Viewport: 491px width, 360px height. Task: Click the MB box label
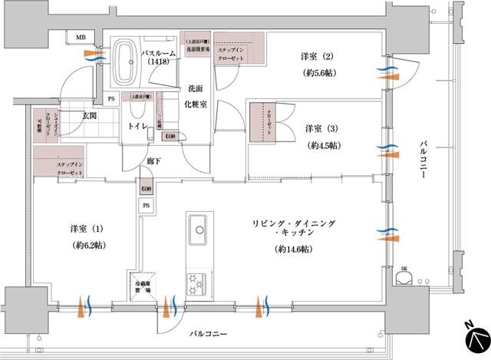pyautogui.click(x=80, y=37)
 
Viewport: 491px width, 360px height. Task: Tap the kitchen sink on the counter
pyautogui.click(x=197, y=230)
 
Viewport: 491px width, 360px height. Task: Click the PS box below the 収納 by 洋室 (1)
pyautogui.click(x=146, y=206)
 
